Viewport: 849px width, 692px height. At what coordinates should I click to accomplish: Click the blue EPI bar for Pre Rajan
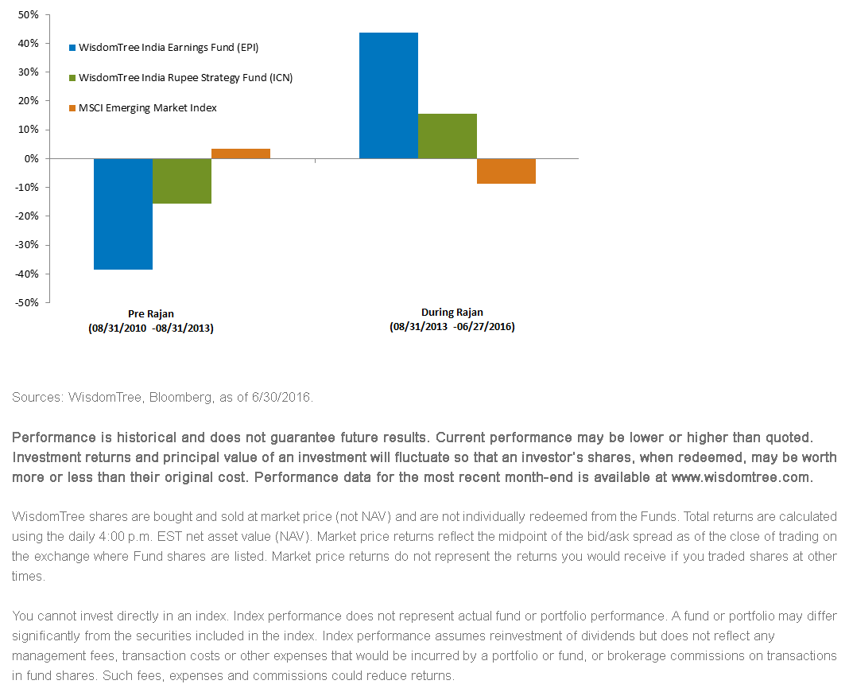pos(123,214)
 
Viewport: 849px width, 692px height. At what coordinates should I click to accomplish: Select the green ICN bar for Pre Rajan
pos(182,181)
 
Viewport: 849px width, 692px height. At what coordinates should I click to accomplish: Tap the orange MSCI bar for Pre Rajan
pos(241,154)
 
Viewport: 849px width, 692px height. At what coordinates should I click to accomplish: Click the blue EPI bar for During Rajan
pos(389,96)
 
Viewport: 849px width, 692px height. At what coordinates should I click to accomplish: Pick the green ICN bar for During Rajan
pos(448,136)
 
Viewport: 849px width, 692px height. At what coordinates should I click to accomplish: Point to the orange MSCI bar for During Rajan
pos(506,171)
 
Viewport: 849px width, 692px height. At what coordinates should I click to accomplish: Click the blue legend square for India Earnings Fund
pos(72,48)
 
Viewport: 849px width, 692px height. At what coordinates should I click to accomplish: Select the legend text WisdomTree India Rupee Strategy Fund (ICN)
pos(186,77)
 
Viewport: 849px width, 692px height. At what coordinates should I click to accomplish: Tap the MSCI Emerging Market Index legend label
pos(147,108)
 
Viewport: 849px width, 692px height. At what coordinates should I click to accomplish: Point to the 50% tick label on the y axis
pos(29,14)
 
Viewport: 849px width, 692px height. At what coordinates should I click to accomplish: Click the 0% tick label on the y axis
pos(32,159)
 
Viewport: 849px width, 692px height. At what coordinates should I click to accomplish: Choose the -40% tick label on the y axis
pos(26,274)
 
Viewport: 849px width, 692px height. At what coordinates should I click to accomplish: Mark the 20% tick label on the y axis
pos(29,101)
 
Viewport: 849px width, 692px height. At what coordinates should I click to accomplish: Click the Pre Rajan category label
pos(151,313)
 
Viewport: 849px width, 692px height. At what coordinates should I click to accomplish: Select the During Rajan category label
pos(452,312)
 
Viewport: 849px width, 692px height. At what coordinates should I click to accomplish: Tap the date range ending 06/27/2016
pos(452,327)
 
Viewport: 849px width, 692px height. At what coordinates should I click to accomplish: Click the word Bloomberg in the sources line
pos(180,397)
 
